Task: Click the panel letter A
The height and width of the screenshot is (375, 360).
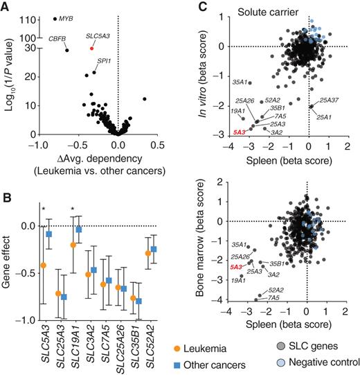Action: pos(6,6)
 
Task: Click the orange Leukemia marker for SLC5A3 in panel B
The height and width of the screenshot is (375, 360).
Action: pos(44,265)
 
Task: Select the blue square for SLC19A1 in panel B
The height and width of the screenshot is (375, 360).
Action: pos(79,229)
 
